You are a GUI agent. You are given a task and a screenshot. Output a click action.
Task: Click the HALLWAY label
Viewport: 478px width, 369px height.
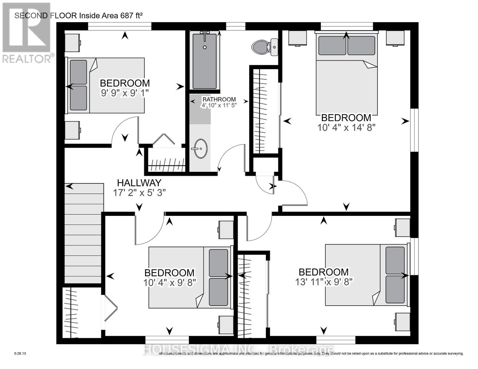(139, 183)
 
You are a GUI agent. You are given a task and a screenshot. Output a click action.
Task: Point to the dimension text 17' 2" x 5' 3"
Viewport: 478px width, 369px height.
(139, 192)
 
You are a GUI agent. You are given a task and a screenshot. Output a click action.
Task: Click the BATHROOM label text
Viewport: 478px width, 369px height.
(219, 99)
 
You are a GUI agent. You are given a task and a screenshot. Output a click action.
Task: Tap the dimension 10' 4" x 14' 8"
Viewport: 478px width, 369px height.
(346, 127)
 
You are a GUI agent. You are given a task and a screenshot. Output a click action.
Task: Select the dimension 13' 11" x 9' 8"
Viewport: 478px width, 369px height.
(324, 282)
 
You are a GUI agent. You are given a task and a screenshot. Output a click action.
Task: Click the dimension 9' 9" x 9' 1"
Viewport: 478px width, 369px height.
(125, 93)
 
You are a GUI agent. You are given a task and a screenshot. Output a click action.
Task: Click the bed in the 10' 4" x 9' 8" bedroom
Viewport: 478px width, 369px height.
(189, 277)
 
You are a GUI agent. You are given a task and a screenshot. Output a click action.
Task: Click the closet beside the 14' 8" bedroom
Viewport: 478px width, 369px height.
(265, 111)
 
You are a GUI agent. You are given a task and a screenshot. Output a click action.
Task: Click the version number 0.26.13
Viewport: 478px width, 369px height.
(20, 354)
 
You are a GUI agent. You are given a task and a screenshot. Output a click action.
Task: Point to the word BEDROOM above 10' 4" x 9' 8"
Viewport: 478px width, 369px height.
(169, 273)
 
